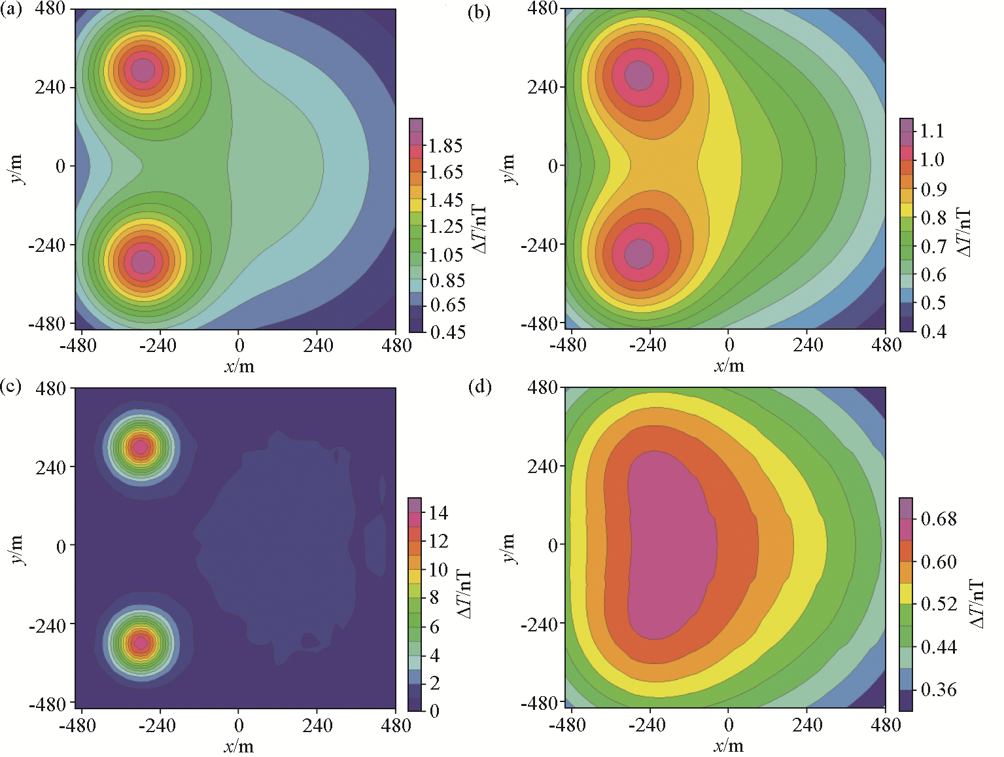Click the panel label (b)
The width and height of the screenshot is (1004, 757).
479,12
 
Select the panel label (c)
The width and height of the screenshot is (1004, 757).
11,386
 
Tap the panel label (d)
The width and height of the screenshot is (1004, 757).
480,387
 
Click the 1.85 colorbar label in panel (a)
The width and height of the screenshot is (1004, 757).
445,145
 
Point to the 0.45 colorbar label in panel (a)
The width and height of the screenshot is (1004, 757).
447,332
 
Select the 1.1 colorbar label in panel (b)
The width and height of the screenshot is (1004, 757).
932,131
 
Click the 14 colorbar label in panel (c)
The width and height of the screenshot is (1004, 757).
438,512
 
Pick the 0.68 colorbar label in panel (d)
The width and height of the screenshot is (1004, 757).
938,519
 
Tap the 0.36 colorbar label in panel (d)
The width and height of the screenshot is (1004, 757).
938,689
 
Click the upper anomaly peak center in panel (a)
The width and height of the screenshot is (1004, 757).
143,69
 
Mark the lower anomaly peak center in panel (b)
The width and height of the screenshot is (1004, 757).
638,253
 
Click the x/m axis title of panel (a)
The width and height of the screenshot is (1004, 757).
239,366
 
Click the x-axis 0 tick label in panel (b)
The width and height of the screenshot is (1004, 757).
729,345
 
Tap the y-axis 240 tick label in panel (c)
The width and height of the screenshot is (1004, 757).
51,467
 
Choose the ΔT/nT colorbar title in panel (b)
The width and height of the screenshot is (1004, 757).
963,233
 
